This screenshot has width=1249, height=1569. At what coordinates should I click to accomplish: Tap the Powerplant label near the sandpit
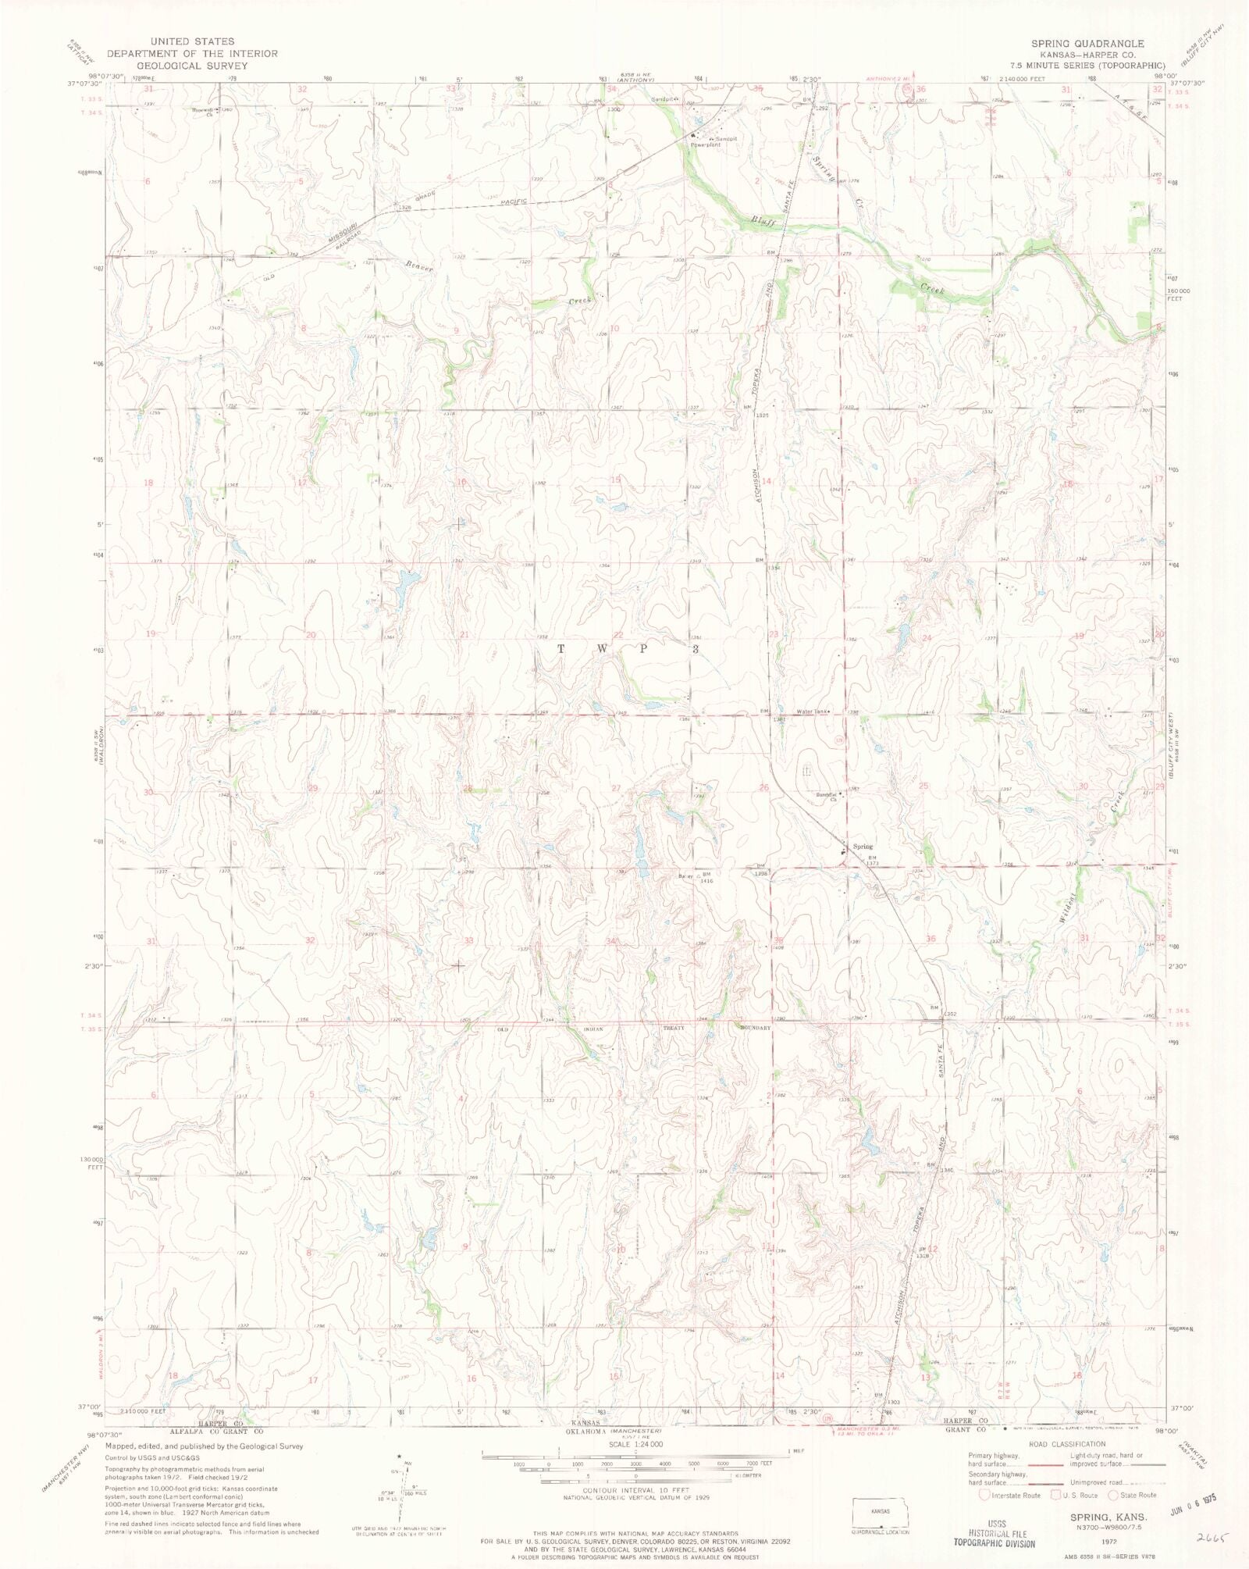point(706,145)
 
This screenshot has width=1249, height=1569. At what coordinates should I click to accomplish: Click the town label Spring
point(863,847)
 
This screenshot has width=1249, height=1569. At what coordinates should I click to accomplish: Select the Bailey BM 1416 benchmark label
point(696,877)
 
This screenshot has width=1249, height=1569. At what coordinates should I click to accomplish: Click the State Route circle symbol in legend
point(1114,1495)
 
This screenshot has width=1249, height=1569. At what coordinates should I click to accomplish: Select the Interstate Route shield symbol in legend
point(984,1495)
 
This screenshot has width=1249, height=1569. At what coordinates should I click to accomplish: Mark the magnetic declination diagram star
point(400,1457)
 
